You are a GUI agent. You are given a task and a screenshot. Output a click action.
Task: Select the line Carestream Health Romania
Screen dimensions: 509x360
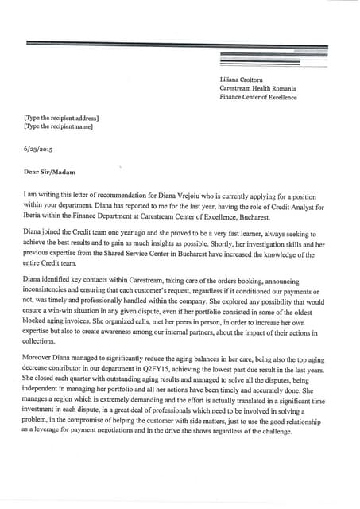pyautogui.click(x=257, y=89)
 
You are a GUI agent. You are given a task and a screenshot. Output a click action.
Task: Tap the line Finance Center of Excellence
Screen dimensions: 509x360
pyautogui.click(x=258, y=98)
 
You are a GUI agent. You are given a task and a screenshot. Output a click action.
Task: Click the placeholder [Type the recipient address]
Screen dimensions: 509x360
pyautogui.click(x=61, y=118)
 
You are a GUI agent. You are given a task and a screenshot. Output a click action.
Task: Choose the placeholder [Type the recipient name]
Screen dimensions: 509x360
pyautogui.click(x=58, y=126)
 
